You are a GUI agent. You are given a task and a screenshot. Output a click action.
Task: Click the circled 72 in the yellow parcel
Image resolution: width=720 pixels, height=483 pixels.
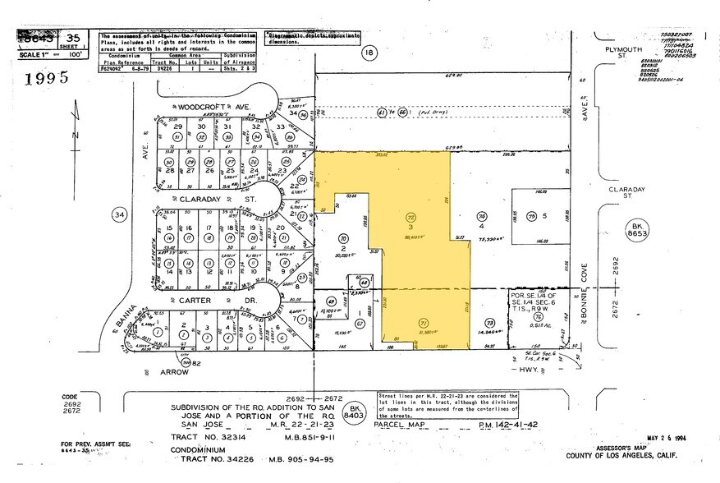click(x=412, y=217)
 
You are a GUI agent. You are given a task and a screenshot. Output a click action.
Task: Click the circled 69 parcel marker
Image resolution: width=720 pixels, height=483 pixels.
click(x=332, y=301)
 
